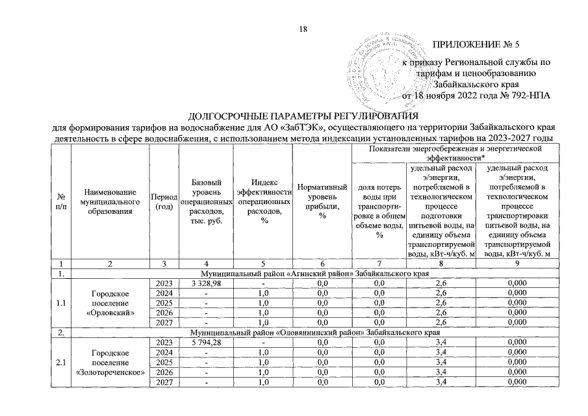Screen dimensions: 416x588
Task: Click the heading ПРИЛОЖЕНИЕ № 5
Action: [476, 45]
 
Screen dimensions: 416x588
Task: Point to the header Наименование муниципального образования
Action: [110, 201]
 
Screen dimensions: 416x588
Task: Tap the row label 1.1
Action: [60, 303]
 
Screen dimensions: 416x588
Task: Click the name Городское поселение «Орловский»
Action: [110, 303]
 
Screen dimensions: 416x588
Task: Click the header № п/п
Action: [60, 201]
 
